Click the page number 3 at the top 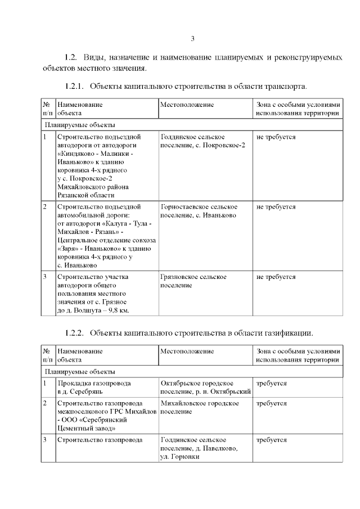coord(193,39)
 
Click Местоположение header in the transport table coord(187,105)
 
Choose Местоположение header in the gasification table coord(187,351)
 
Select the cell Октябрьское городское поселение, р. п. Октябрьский coord(205,388)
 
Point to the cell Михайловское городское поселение coord(199,407)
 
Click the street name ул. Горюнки coord(181,457)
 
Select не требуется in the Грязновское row coord(276,277)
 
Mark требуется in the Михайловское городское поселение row coord(271,403)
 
